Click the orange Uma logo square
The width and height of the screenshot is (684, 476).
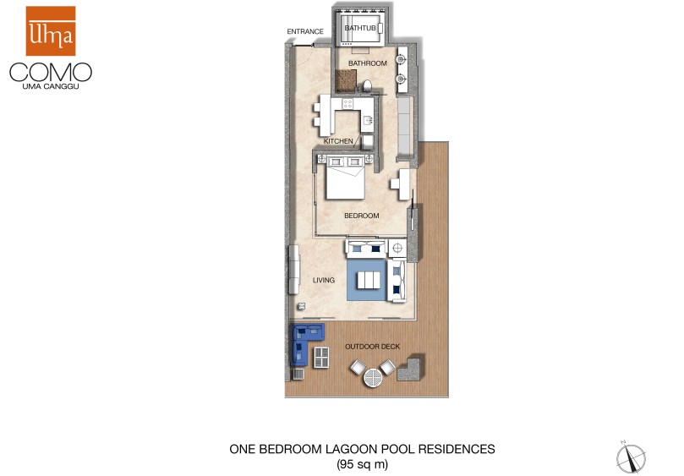pos(51,31)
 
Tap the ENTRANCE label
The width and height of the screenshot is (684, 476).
pos(305,31)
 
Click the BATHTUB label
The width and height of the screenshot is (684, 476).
pos(360,28)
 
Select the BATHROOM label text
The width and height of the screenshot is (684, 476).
pos(367,63)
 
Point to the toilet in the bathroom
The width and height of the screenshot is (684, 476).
pos(367,85)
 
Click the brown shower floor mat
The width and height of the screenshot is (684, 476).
pos(346,80)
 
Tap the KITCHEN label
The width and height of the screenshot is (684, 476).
pos(338,141)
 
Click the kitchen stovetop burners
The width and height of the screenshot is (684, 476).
pos(347,103)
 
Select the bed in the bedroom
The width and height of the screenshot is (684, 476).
pos(346,178)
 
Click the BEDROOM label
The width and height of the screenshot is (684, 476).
pos(362,216)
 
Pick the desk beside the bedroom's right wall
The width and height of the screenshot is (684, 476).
pos(401,184)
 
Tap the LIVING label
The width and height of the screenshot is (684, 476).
pos(324,280)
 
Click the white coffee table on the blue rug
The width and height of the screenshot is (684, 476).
pos(369,280)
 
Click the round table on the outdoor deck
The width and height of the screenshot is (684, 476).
pos(373,377)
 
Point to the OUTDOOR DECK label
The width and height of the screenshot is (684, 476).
pos(373,347)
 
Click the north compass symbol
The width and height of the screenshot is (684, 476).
pos(631,457)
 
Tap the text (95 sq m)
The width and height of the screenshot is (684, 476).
pos(362,464)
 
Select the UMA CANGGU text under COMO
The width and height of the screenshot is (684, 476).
pos(51,86)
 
